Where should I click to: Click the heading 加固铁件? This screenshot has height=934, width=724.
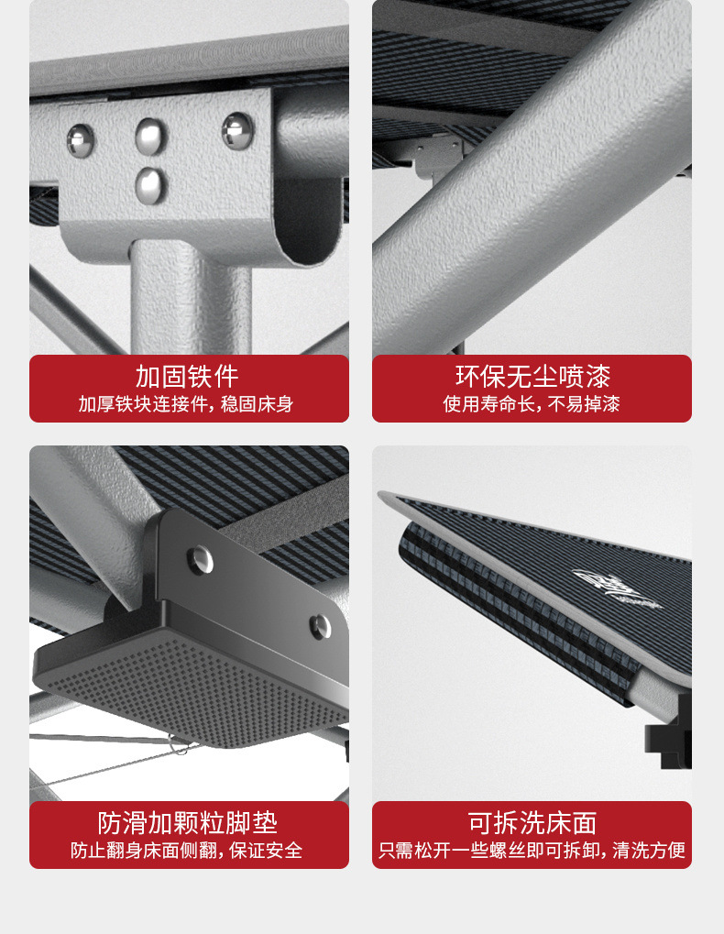pyautogui.click(x=188, y=377)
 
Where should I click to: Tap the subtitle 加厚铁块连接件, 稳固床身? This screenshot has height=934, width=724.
pyautogui.click(x=188, y=404)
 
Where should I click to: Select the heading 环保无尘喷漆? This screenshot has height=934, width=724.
pyautogui.click(x=532, y=377)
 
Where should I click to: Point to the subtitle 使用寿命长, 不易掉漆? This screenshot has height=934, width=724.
pyautogui.click(x=532, y=404)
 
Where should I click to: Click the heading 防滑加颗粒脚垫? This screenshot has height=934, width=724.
pyautogui.click(x=188, y=822)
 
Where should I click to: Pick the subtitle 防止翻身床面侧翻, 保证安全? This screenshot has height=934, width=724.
pyautogui.click(x=188, y=851)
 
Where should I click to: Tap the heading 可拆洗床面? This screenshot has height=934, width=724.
pyautogui.click(x=532, y=822)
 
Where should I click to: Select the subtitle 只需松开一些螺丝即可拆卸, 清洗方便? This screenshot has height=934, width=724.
pyautogui.click(x=532, y=851)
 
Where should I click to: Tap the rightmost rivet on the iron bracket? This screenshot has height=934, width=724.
pyautogui.click(x=236, y=129)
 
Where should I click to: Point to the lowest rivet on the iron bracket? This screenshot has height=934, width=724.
pyautogui.click(x=151, y=184)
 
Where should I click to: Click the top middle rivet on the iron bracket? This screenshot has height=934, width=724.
pyautogui.click(x=151, y=136)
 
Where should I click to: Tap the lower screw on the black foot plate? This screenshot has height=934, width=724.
pyautogui.click(x=319, y=627)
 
